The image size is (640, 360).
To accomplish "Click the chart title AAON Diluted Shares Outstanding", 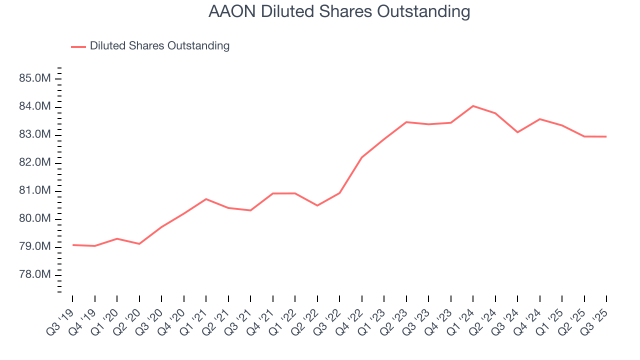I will coord(339,11).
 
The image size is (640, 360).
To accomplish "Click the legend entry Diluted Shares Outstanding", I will coord(159,46).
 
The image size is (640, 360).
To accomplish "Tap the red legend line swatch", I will coord(78,46).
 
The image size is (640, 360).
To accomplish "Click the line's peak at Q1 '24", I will coord(473,106).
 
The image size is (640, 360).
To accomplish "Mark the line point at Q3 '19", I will coord(72,245).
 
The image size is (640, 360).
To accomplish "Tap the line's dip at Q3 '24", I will coord(517,132).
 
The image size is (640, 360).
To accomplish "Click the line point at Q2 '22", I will coord(317,205).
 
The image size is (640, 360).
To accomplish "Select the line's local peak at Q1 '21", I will coord(206,199).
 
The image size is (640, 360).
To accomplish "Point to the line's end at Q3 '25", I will coord(606,136).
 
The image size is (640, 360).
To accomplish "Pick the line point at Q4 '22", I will coord(361,157).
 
